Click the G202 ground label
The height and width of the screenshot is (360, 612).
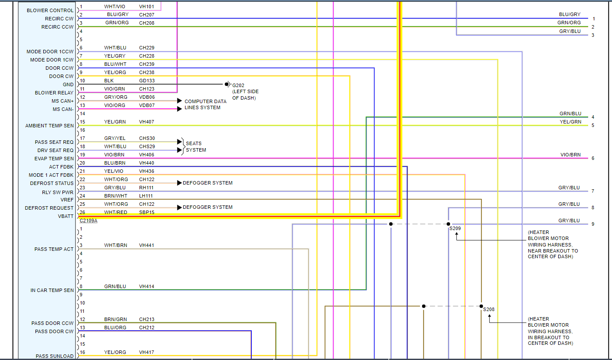[238, 85]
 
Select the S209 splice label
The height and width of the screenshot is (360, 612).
[455, 228]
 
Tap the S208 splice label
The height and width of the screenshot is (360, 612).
[489, 309]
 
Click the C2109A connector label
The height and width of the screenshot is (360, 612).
[88, 221]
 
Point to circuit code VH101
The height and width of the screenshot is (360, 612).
[146, 6]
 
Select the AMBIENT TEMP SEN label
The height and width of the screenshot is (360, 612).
[49, 126]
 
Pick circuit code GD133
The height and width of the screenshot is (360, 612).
[146, 81]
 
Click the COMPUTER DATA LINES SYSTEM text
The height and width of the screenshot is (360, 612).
[205, 104]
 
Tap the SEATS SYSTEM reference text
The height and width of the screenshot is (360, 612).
[195, 146]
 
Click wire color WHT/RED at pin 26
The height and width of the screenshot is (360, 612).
[116, 212]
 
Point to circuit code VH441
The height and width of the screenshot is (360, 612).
[146, 245]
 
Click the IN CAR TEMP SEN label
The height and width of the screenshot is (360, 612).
[52, 290]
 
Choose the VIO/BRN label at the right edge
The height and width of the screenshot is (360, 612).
[570, 155]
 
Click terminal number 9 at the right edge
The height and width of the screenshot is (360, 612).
[592, 224]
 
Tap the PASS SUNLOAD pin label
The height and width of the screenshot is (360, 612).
[55, 356]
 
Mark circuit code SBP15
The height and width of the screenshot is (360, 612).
[146, 212]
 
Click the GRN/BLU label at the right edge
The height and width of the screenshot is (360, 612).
[570, 114]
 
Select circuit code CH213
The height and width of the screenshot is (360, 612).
[146, 319]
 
